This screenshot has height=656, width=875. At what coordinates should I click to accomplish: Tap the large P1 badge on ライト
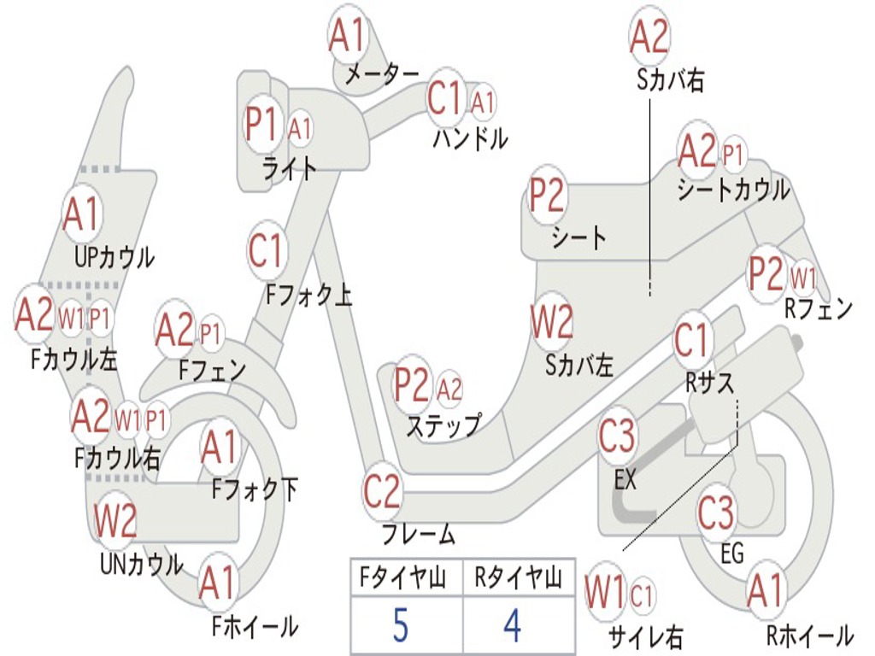[x=262, y=124]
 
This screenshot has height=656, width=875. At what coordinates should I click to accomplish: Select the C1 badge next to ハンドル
[x=445, y=98]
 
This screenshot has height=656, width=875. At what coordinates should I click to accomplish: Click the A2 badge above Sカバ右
[x=649, y=36]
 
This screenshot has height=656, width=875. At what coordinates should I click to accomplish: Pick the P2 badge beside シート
[x=547, y=195]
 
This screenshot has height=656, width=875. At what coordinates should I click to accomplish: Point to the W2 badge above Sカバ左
[x=551, y=322]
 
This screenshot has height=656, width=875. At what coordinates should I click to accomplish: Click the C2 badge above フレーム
[x=382, y=491]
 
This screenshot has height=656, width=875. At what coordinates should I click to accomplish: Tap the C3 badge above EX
[x=617, y=436]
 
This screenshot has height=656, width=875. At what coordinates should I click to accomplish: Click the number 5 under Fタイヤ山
[x=401, y=625]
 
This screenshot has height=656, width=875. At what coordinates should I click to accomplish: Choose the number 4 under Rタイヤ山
[x=513, y=625]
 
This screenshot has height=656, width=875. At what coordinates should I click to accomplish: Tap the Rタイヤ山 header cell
[x=519, y=577]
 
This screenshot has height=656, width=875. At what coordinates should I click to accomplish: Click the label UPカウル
[x=115, y=257]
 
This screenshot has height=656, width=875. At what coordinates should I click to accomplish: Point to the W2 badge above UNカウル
[x=115, y=520]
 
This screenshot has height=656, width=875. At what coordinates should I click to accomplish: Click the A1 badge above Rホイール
[x=766, y=591]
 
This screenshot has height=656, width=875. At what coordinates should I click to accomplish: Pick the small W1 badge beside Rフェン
[x=803, y=278]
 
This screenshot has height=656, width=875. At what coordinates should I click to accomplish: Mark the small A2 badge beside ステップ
[x=449, y=389]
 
